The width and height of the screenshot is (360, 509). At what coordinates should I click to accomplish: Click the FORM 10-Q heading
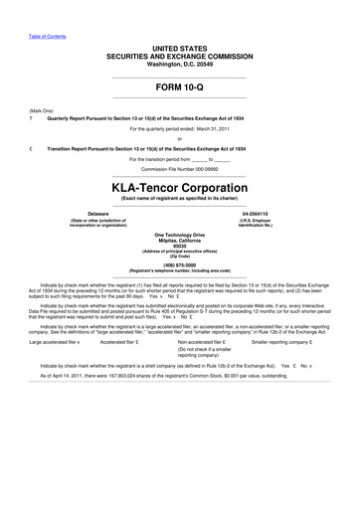(x=179, y=87)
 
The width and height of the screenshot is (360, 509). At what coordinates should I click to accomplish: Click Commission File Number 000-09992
(x=179, y=168)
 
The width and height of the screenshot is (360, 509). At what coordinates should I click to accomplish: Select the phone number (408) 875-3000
(x=179, y=264)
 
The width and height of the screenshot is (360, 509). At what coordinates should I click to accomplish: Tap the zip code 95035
(x=179, y=246)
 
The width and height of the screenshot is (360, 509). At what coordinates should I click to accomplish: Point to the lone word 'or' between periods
(x=179, y=138)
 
